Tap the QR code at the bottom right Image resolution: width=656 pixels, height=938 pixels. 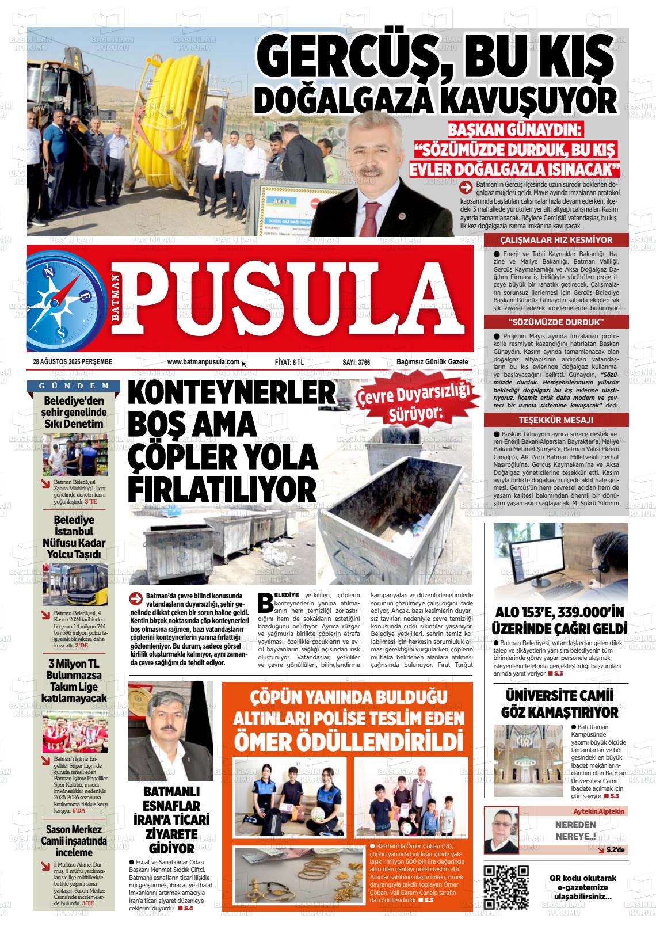[506, 887]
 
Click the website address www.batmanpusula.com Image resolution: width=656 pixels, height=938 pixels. [203, 361]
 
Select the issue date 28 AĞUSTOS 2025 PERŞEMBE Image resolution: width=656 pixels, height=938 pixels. [73, 361]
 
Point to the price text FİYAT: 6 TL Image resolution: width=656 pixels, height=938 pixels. [289, 362]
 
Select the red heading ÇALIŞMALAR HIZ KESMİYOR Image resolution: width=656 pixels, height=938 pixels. [556, 240]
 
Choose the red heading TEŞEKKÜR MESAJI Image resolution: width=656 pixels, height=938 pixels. [556, 419]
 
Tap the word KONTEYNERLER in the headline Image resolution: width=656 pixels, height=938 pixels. [231, 394]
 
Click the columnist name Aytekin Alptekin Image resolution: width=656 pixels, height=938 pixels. [598, 811]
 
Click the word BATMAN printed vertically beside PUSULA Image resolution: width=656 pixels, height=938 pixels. [117, 300]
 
